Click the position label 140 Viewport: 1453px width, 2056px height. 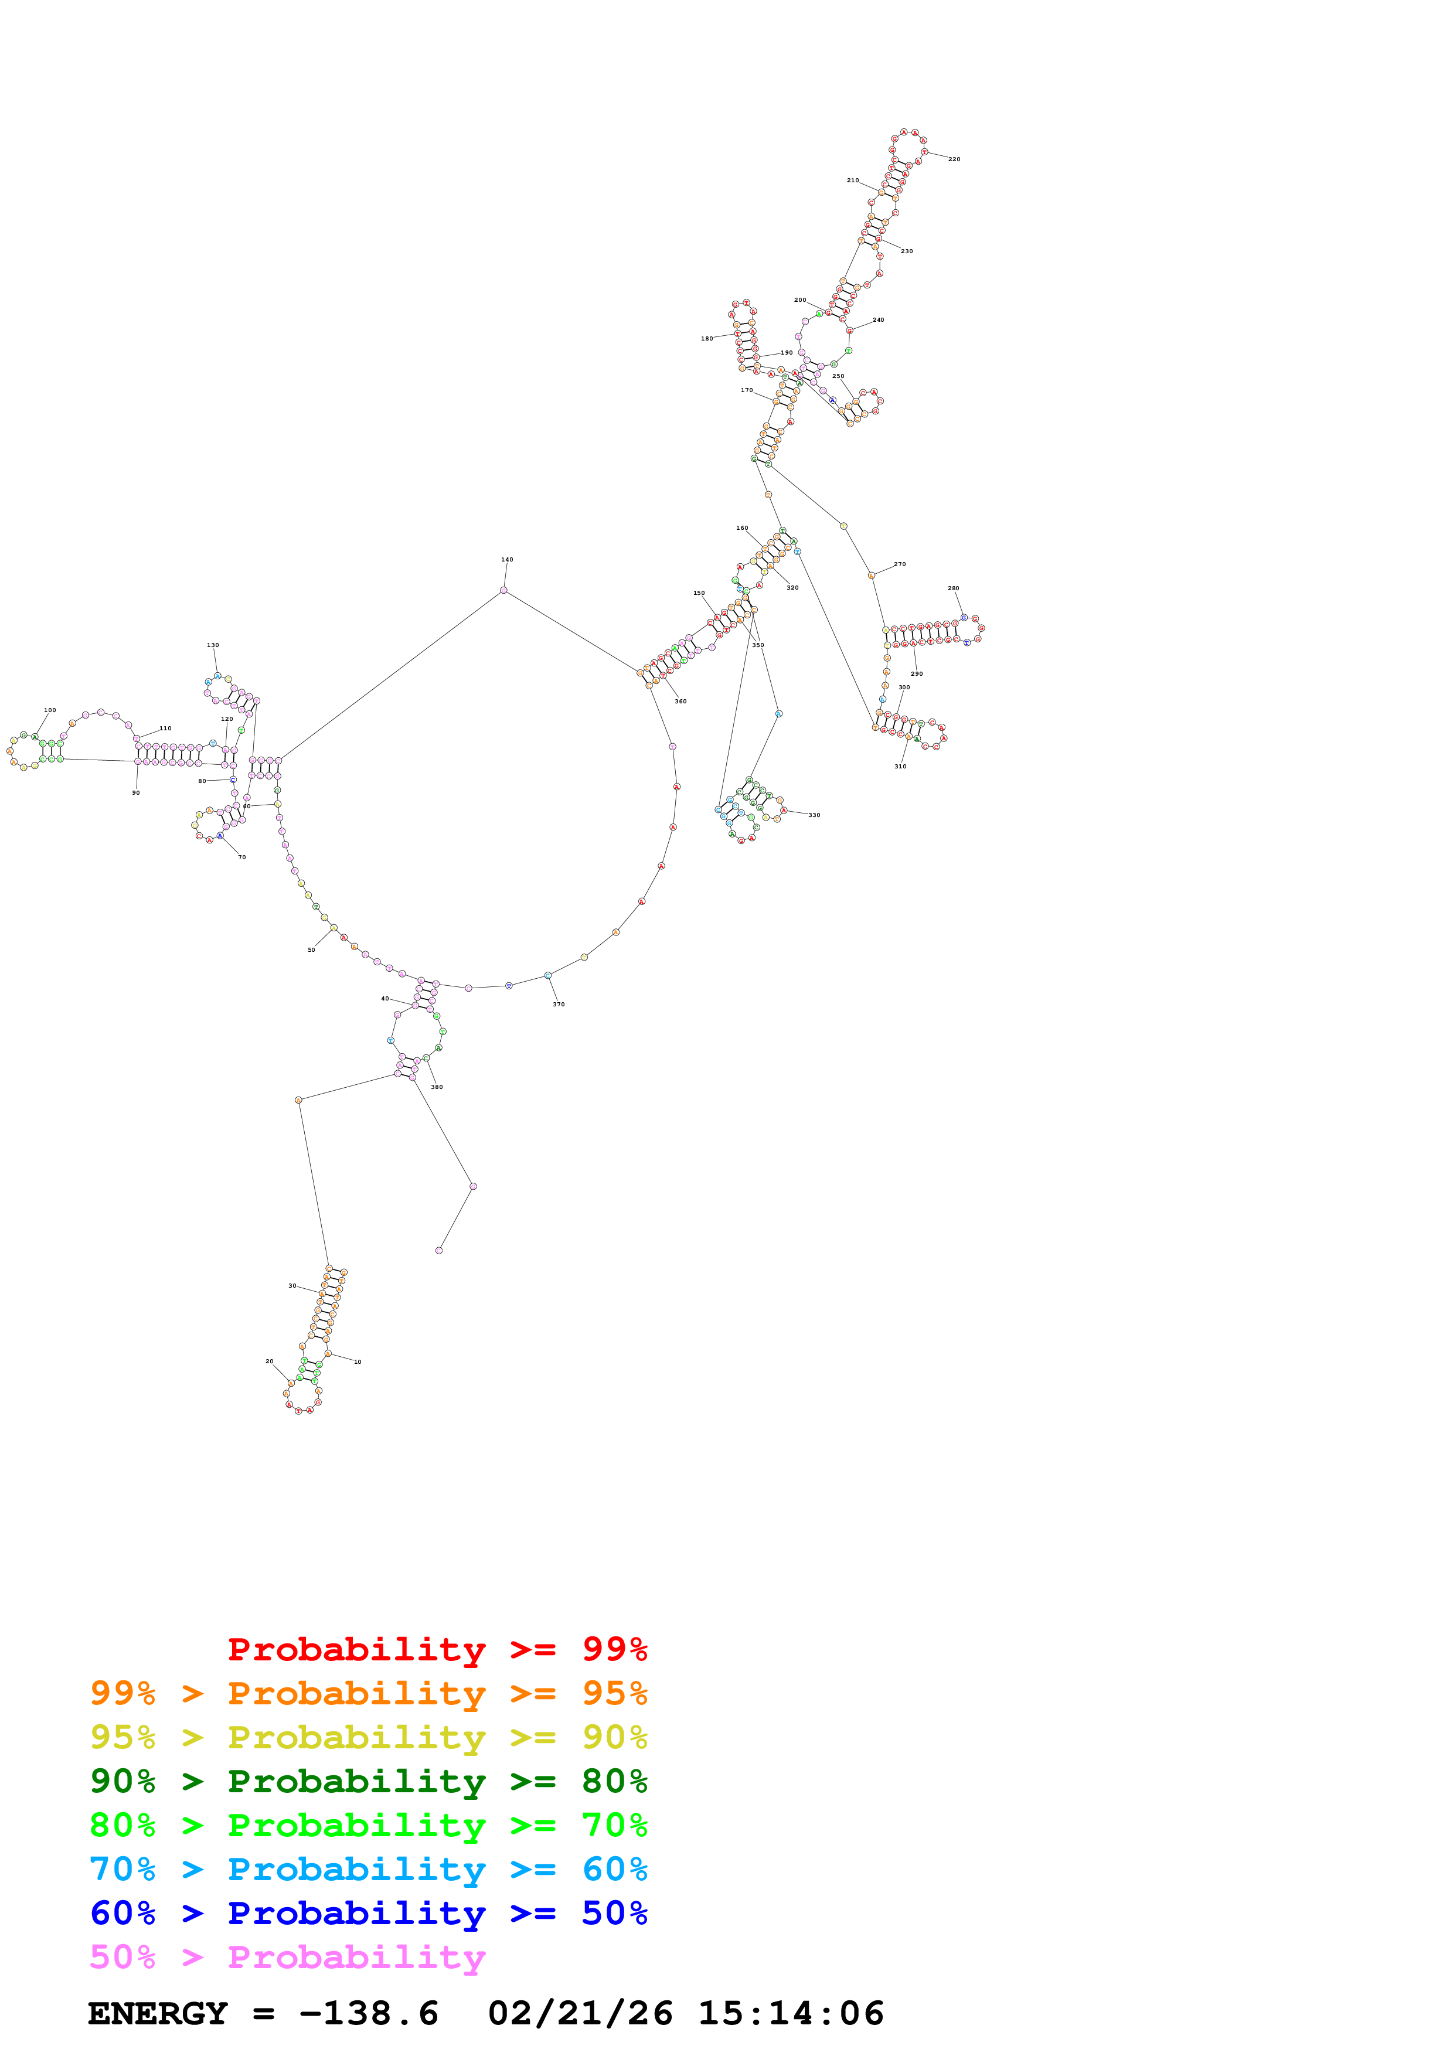507,560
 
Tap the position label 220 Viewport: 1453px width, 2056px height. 954,159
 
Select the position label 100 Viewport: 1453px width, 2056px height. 50,710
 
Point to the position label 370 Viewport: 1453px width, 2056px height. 559,1005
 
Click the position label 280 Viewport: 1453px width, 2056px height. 954,588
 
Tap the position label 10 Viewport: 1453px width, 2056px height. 357,1362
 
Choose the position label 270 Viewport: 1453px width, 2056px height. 900,564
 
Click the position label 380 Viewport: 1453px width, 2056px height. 437,1087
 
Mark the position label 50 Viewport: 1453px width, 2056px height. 312,950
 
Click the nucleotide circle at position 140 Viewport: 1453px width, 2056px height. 504,590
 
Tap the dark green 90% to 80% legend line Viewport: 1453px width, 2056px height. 368,1781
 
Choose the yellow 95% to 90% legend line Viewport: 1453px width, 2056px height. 368,1737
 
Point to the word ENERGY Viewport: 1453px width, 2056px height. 158,2014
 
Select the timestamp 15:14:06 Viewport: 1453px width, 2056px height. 791,2014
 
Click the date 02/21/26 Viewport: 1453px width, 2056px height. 580,2014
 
